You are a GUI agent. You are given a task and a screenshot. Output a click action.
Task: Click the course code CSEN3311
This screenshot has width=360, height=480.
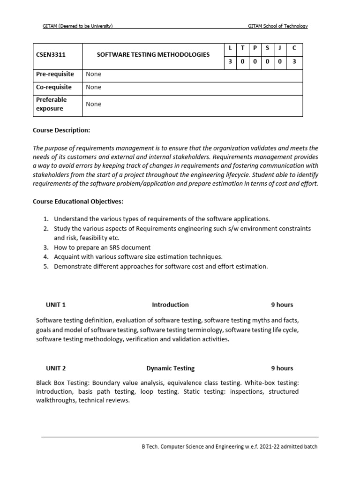pyautogui.click(x=51, y=55)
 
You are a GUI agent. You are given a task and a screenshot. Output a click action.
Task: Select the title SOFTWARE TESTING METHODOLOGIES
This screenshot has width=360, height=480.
pyautogui.click(x=153, y=55)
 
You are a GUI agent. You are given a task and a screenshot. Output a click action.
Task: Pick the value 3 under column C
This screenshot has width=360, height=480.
pyautogui.click(x=294, y=61)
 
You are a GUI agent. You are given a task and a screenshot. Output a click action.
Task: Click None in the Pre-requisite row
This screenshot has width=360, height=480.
pyautogui.click(x=94, y=74)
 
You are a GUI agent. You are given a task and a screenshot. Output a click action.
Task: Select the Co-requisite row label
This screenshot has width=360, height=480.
pyautogui.click(x=54, y=87)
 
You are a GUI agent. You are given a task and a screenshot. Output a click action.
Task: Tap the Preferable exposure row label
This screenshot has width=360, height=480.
pyautogui.click(x=52, y=104)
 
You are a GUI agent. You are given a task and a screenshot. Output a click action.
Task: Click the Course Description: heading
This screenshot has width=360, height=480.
pyautogui.click(x=61, y=130)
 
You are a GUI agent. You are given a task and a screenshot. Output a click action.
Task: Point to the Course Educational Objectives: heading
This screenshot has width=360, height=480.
pyautogui.click(x=78, y=202)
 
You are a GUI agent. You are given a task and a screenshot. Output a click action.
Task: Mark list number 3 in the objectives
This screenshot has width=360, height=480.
pyautogui.click(x=46, y=247)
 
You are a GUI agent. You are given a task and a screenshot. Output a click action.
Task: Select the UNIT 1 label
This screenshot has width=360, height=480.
pyautogui.click(x=56, y=305)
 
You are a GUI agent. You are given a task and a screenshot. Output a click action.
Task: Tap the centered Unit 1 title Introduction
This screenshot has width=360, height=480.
pyautogui.click(x=170, y=305)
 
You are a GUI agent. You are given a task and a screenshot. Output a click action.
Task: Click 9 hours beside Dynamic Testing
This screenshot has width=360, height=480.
pyautogui.click(x=282, y=368)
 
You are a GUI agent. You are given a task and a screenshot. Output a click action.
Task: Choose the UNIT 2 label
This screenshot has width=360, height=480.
pyautogui.click(x=56, y=368)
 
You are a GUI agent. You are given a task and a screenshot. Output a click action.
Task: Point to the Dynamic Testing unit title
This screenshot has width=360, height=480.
pyautogui.click(x=170, y=368)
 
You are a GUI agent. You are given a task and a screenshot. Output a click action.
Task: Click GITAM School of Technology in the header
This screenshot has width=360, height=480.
pyautogui.click(x=277, y=26)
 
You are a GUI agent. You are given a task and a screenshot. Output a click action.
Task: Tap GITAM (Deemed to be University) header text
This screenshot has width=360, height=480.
pyautogui.click(x=78, y=26)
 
